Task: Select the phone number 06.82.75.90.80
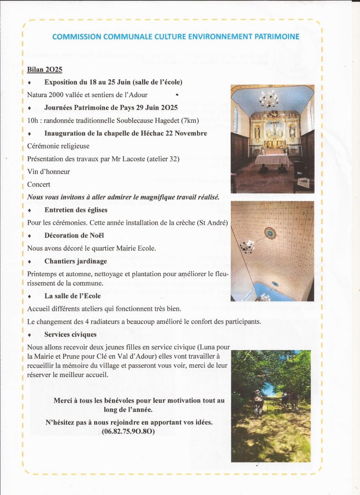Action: [x=128, y=431]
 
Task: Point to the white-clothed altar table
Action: [x=272, y=160]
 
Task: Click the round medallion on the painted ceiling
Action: [x=270, y=233]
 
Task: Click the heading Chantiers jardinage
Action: [x=75, y=261]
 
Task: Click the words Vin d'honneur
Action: [x=48, y=172]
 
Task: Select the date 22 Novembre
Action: [x=184, y=133]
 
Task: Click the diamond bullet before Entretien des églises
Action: [x=30, y=210]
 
